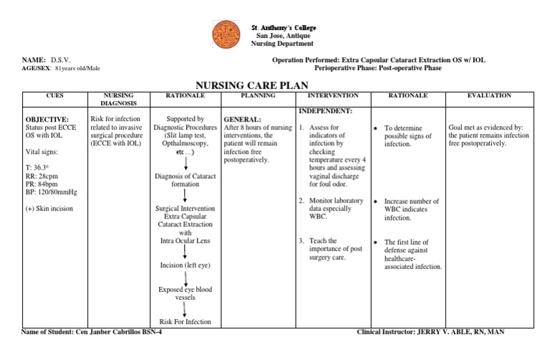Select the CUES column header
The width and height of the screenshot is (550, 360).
pos(55,95)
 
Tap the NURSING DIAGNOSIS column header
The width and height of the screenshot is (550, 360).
pos(118,99)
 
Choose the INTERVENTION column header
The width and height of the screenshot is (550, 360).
pos(333,95)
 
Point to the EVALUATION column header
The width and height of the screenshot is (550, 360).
pos(489,95)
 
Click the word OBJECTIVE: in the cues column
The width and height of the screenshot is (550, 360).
pos(47,120)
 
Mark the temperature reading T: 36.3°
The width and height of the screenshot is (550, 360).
pos(39,167)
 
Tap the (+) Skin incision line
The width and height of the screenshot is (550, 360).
pos(49,209)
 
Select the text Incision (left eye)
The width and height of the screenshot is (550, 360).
pos(185,266)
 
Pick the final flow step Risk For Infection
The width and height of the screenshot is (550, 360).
pos(185,321)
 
